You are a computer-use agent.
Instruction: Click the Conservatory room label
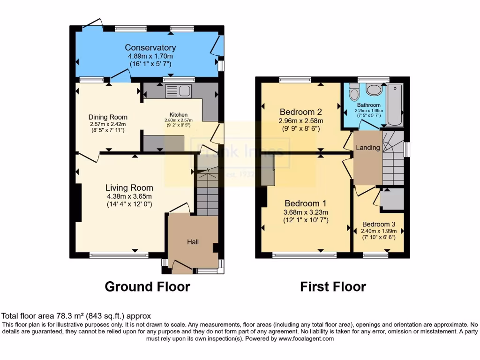pos(150,47)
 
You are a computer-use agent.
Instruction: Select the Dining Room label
pos(108,117)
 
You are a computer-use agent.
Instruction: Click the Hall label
pos(193,242)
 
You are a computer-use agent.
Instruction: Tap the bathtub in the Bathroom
pos(395,105)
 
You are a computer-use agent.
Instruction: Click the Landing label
pos(368,148)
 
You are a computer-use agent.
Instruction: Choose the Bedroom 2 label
pos(300,112)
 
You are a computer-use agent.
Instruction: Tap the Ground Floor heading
pos(147,286)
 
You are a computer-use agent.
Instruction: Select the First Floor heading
pos(333,286)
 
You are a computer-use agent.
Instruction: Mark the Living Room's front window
pos(119,255)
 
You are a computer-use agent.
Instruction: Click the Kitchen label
pos(178,114)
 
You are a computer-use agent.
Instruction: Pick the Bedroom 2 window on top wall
pos(295,80)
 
